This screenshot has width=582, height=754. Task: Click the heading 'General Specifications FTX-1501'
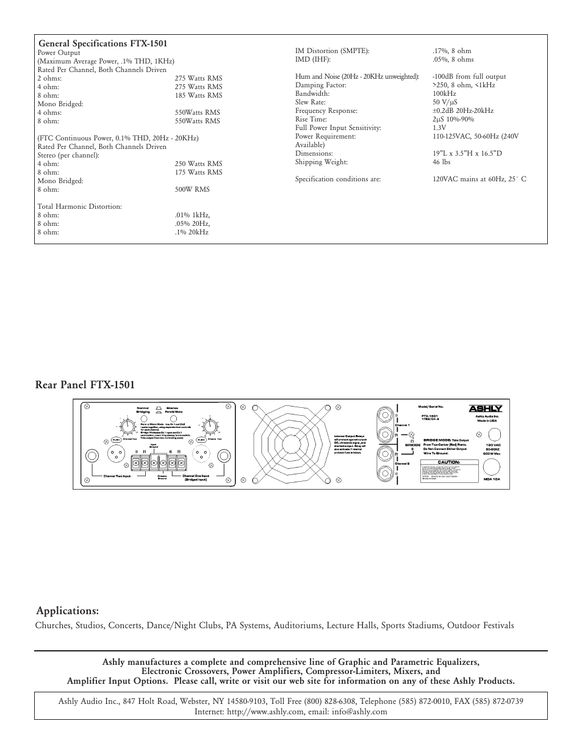tap(102, 44)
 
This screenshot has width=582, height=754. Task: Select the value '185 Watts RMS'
tap(198, 95)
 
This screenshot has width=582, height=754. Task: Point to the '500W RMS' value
tap(192, 189)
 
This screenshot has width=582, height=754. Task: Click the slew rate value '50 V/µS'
tap(445, 102)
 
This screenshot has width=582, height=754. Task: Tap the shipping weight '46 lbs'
tap(441, 162)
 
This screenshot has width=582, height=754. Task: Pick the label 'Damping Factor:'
tap(321, 85)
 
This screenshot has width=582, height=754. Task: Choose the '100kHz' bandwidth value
tap(445, 93)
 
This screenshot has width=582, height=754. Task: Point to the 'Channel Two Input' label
tap(117, 476)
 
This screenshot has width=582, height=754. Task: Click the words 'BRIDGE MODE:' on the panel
tap(436, 440)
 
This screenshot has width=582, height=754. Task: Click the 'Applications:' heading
tap(67, 611)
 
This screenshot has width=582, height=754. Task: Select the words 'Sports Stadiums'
tap(412, 625)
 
